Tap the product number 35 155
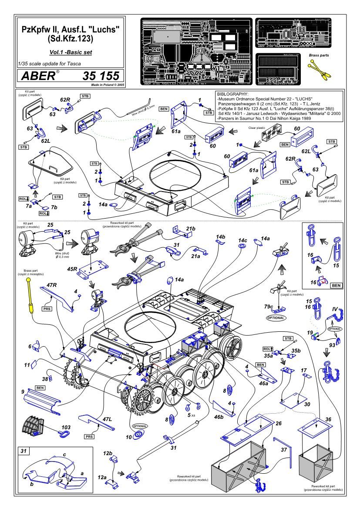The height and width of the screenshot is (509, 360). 100,76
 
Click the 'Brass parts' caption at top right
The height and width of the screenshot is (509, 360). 319,56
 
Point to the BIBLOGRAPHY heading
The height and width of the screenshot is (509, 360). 236,94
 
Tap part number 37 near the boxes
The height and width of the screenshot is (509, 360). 283,448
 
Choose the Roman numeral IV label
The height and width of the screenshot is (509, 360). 335,310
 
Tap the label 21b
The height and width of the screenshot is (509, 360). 190,228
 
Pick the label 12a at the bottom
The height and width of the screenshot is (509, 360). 102,478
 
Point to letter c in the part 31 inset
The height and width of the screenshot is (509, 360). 64,455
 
